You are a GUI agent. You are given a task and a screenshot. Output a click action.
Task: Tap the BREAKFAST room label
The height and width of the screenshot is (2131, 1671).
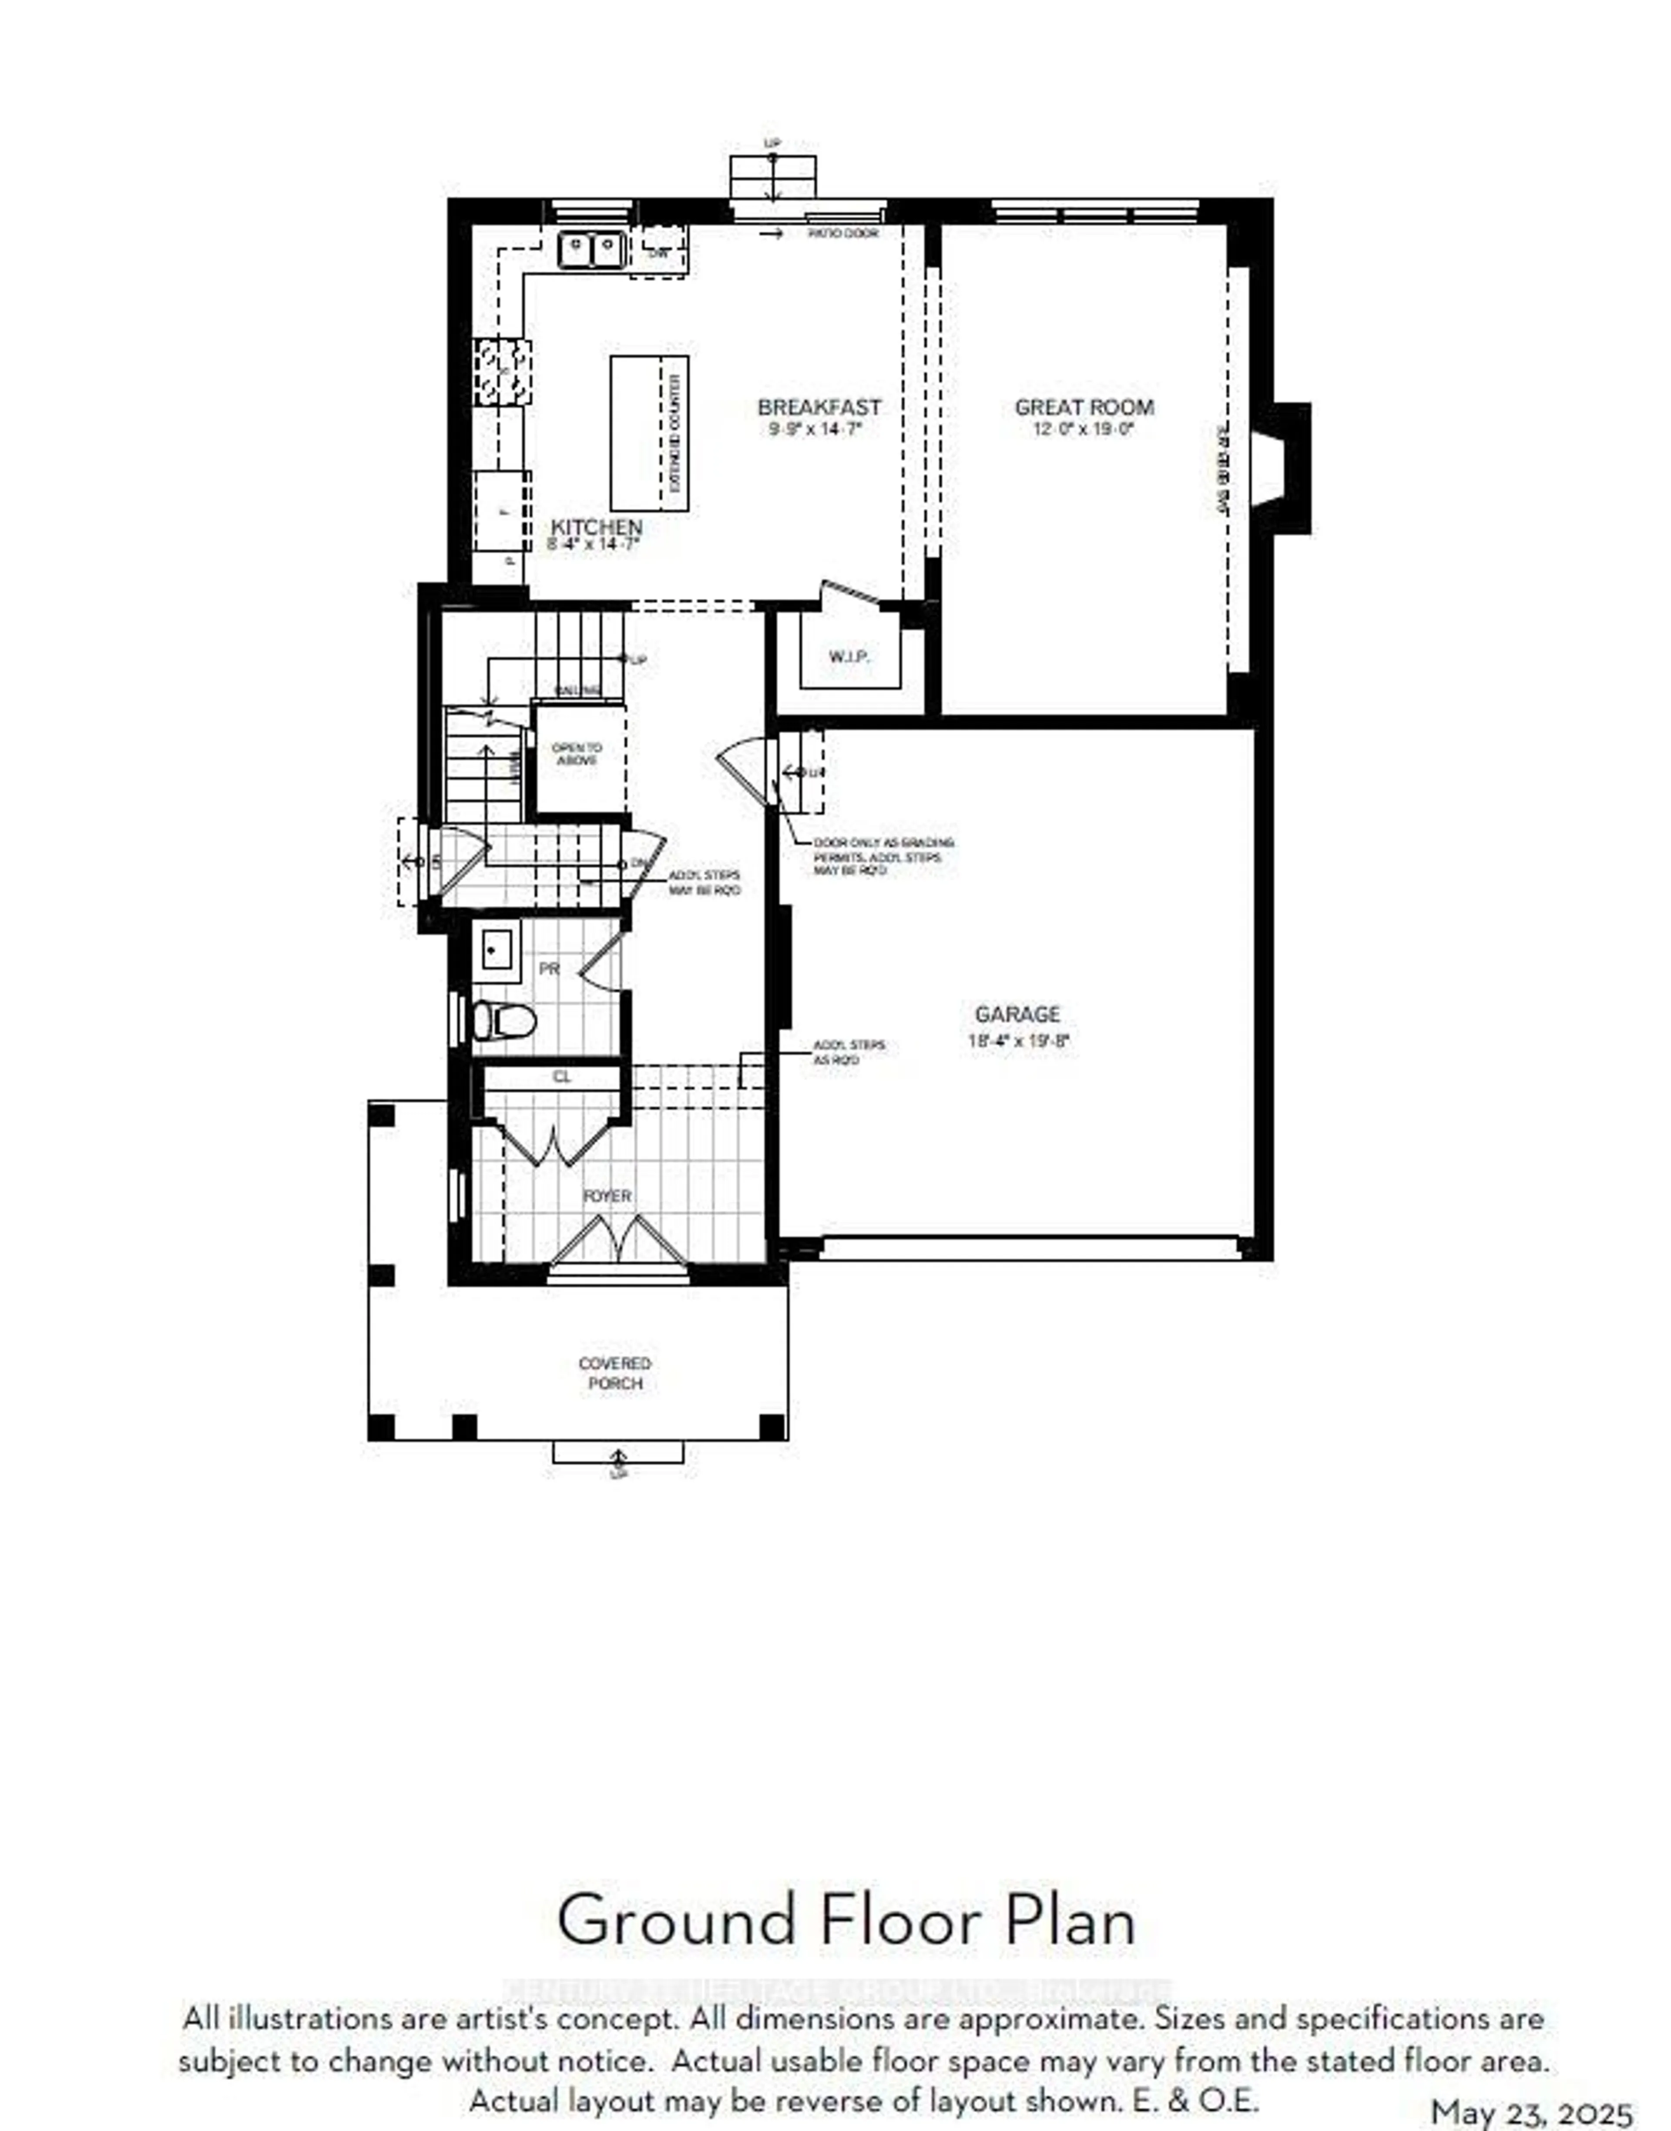coord(819,407)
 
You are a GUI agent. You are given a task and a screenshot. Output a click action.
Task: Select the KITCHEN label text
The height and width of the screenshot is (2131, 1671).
coord(596,528)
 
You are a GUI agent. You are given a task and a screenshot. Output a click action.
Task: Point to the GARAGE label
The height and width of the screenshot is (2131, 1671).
coord(1017,1015)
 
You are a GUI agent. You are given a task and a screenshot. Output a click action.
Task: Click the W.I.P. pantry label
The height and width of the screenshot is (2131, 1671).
coord(849,656)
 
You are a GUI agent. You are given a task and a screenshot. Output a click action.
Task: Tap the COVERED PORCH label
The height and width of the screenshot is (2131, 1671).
coord(614,1373)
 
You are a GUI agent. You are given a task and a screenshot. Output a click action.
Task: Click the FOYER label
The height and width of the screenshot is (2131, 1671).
coord(607,1196)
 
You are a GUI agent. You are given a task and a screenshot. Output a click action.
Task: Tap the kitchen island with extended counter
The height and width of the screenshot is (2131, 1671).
coord(649,433)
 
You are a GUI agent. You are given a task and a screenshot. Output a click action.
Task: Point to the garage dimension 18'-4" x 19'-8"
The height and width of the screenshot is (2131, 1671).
coord(1018,1041)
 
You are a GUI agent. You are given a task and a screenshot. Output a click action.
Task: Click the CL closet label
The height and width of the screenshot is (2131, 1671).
coord(561,1076)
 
